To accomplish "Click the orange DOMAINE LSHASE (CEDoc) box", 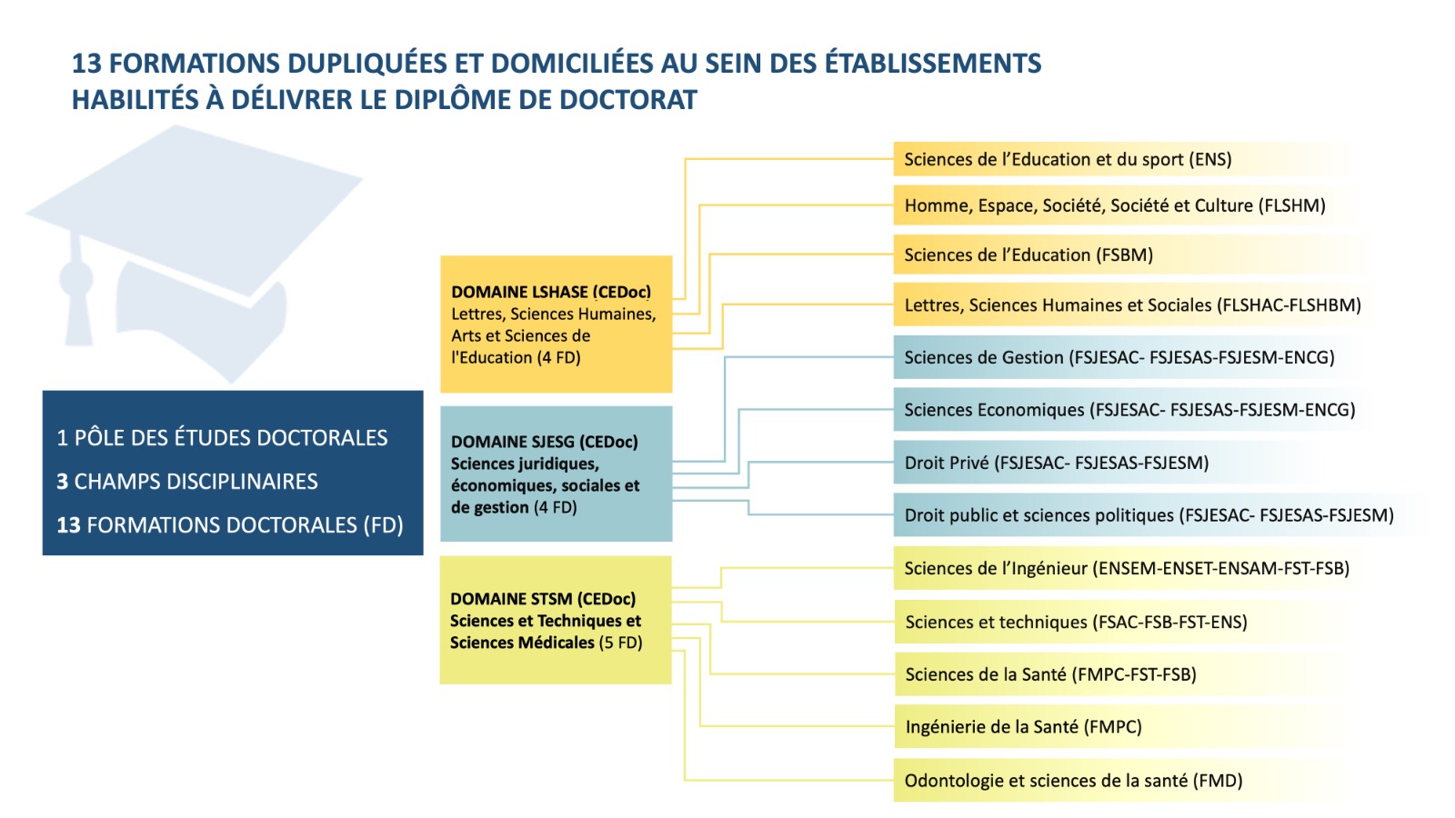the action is tap(556, 324).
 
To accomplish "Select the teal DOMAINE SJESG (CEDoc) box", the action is tap(556, 474).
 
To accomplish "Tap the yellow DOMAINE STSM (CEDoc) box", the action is tap(556, 620).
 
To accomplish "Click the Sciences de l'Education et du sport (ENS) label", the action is tap(1068, 159).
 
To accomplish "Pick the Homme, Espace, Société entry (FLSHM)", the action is tap(1115, 205).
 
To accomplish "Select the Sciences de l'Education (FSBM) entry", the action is tap(1029, 254).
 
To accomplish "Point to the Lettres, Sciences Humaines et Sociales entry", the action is tap(1132, 304).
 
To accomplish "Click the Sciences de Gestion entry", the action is tap(1119, 357).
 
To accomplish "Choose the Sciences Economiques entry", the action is tap(1129, 410).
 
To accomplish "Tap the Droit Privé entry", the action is tap(1056, 463).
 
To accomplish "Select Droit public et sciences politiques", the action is tap(1149, 514).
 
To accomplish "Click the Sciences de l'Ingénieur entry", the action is tap(1127, 568).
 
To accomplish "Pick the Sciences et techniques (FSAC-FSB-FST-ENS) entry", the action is tap(1077, 622).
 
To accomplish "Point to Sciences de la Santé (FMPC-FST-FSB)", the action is tap(1051, 674).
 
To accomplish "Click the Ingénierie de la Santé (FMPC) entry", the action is tap(1024, 726).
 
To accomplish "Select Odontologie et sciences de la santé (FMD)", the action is tap(1073, 781).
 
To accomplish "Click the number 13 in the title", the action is tap(86, 64).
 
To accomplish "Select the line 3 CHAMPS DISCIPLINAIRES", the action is tap(187, 481).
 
